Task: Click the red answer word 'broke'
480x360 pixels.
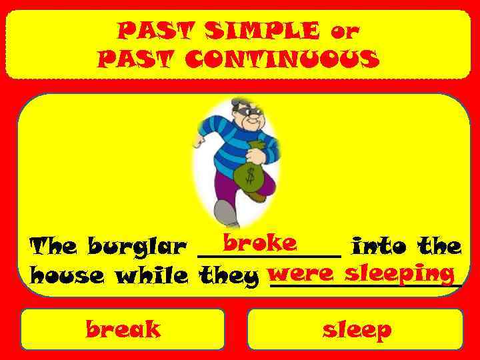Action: [260, 243]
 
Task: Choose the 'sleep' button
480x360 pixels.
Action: [356, 329]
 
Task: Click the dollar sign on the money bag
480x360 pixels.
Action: [249, 177]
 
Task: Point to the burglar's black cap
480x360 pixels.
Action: [240, 105]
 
